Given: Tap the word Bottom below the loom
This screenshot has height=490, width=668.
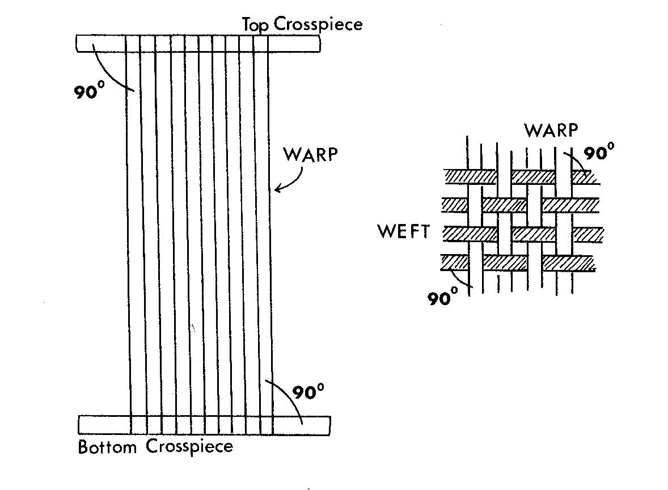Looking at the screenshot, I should click(107, 447).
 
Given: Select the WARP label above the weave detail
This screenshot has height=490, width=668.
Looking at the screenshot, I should click(551, 130).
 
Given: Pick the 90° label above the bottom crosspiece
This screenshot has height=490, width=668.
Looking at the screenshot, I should click(308, 391).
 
